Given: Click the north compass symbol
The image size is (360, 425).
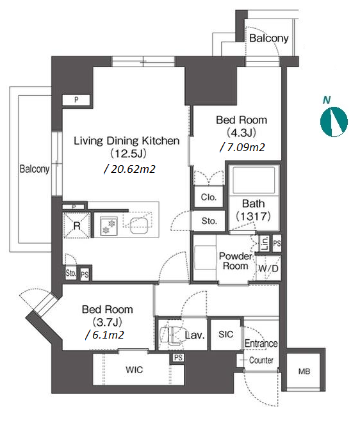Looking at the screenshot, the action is tap(334, 122).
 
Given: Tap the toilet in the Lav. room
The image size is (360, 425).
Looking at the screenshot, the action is tap(170, 335).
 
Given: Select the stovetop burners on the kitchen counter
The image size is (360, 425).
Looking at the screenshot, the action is tap(109, 226).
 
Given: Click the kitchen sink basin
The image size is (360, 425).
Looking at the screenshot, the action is tap(139, 225).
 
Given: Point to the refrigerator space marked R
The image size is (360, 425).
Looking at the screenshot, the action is tap(76, 225).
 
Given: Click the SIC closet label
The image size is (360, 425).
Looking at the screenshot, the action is tap(225, 334).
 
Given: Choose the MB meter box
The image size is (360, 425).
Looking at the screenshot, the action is tap(304, 371).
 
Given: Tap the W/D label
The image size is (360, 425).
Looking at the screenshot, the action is tap(268, 268).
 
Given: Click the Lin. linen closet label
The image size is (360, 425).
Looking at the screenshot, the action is tap(265, 243).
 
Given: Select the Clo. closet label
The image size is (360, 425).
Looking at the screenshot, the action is tap(209, 197).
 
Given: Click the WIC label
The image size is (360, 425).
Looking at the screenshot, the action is tap(135, 369).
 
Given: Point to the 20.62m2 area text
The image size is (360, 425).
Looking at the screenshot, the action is tap(130, 169).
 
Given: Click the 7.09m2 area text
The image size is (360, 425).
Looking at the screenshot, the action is tap(242, 147).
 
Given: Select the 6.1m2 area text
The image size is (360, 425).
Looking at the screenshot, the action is tap(104, 335).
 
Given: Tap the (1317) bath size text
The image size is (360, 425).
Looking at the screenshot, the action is tap(254, 216).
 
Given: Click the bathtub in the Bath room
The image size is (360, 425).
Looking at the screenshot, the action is tap(254, 180).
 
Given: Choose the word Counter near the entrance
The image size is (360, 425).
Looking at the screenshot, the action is tap(261, 360).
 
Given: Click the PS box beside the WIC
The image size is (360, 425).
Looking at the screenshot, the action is tap(178, 358).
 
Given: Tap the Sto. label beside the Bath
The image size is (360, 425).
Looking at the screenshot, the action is tap(209, 221).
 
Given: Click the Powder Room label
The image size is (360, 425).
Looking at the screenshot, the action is tap(235, 261).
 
